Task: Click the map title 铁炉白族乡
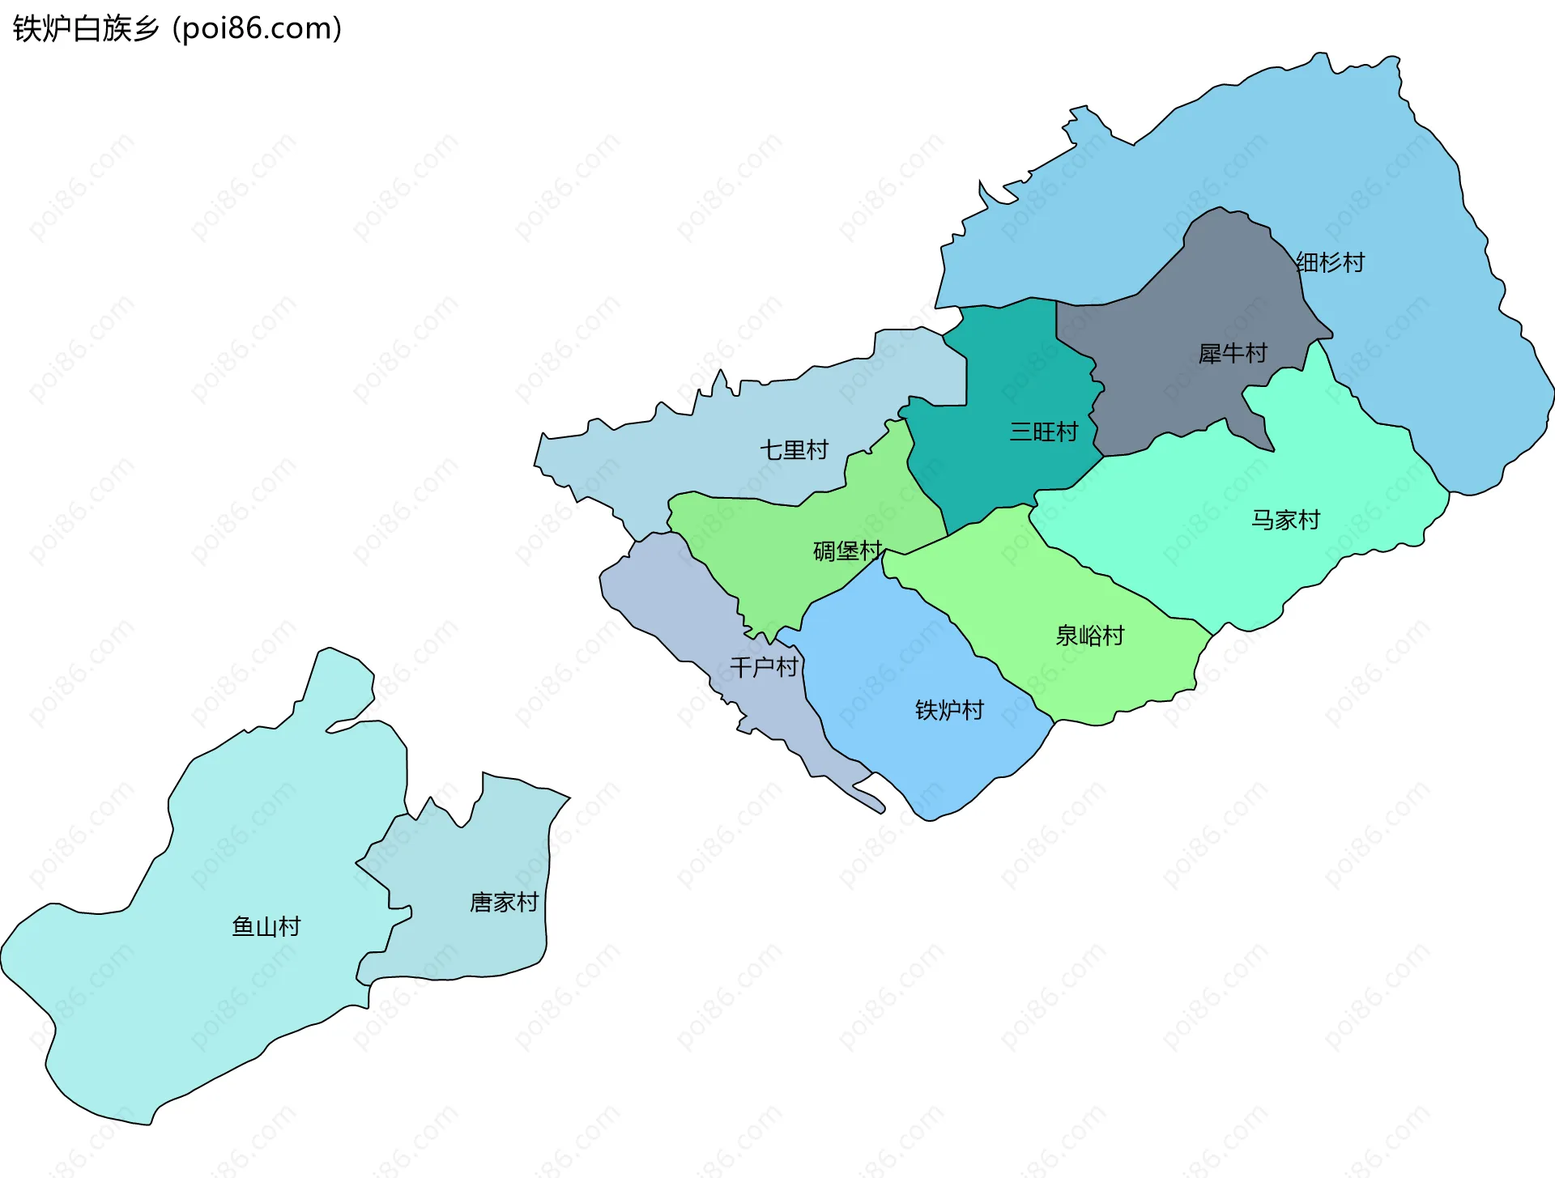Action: pyautogui.click(x=86, y=28)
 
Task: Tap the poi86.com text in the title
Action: pyautogui.click(x=258, y=28)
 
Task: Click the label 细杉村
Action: pyautogui.click(x=1330, y=262)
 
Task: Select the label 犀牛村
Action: pyautogui.click(x=1232, y=353)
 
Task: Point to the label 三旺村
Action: pyautogui.click(x=1043, y=432)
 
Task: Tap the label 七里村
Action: pyautogui.click(x=794, y=449)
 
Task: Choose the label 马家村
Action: pyautogui.click(x=1285, y=519)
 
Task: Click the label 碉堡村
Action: pyautogui.click(x=847, y=551)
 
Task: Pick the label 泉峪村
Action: pyautogui.click(x=1089, y=636)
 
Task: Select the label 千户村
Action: pyautogui.click(x=764, y=667)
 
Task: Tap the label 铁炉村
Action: pyautogui.click(x=949, y=710)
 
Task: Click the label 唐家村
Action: pyautogui.click(x=504, y=902)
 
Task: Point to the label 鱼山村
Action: pyautogui.click(x=266, y=926)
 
